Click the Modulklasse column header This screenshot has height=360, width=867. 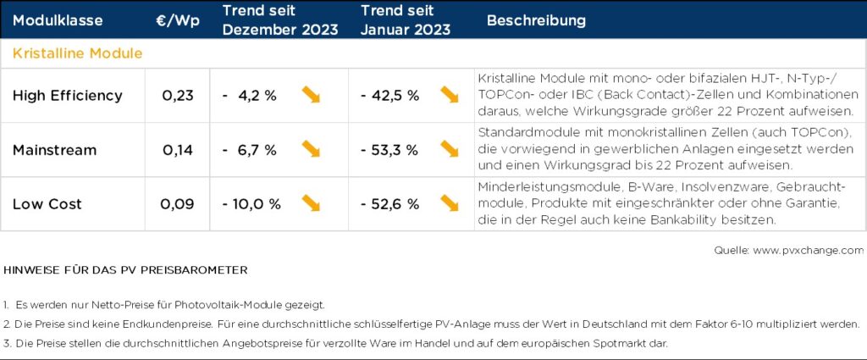point(58,20)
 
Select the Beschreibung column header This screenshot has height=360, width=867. point(536,20)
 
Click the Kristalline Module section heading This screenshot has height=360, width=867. point(77,53)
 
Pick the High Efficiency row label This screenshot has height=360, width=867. point(68,96)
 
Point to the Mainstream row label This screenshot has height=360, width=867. point(55,150)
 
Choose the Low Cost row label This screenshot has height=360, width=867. point(49,204)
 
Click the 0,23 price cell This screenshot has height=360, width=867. point(178,96)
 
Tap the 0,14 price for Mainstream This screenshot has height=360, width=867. point(178,150)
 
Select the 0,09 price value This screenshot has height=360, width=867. point(178,204)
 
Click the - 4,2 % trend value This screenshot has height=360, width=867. point(249,96)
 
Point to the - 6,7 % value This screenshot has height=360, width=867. point(249,150)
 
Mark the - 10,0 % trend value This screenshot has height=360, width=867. point(251,204)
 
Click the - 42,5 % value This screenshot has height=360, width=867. point(389,96)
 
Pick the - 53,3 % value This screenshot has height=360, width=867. point(389,150)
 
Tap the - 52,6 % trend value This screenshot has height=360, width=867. point(389,204)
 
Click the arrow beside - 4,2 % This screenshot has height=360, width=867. point(312,95)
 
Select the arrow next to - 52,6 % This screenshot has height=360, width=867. point(450,203)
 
